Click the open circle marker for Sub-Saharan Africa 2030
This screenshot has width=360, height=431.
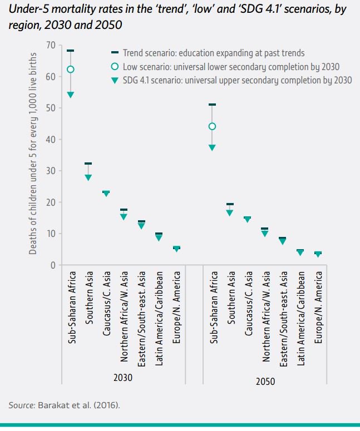tap(71, 70)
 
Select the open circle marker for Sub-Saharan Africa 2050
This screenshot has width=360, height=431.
tap(212, 126)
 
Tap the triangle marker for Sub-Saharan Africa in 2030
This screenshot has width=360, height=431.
tap(71, 95)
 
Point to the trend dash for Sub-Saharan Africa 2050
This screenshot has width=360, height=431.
tap(212, 105)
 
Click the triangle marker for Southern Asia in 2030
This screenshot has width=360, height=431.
tap(88, 177)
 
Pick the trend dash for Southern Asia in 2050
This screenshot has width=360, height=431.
tap(230, 204)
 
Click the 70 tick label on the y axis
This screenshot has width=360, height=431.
tap(51, 45)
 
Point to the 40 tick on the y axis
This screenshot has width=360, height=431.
tap(51, 140)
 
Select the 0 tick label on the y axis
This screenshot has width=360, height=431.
tap(53, 265)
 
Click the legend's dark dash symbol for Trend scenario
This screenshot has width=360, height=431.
tap(115, 53)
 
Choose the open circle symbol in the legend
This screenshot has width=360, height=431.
tap(115, 66)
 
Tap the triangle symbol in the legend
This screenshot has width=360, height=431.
tap(115, 80)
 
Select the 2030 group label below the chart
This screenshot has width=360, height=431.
tap(123, 376)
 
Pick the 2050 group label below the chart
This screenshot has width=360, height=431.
tap(265, 382)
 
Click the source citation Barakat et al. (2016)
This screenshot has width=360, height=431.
tap(78, 405)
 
